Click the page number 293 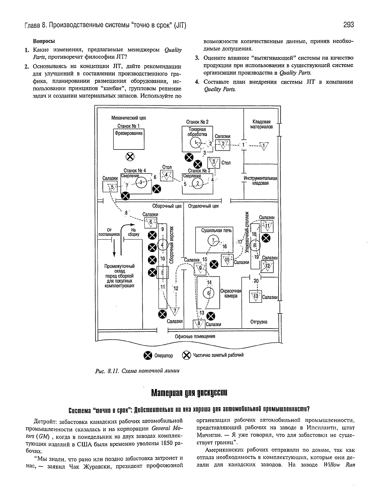coord(349,24)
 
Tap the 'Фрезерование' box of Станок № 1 coord(129,139)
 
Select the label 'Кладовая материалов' coord(261,124)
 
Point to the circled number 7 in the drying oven coord(214,240)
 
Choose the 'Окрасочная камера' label coord(231,293)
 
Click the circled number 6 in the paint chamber coord(209,293)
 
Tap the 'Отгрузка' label coord(259,322)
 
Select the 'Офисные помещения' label coord(195,336)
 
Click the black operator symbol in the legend coord(148,355)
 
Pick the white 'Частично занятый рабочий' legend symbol coord(186,355)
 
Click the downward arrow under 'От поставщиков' coord(114,248)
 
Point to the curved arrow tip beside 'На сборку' coord(135,225)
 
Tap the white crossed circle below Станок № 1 coord(130,157)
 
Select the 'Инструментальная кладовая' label coord(260,181)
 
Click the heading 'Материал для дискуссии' coord(189,393)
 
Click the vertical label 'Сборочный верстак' coord(172,245)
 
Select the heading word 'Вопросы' coord(44,41)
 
